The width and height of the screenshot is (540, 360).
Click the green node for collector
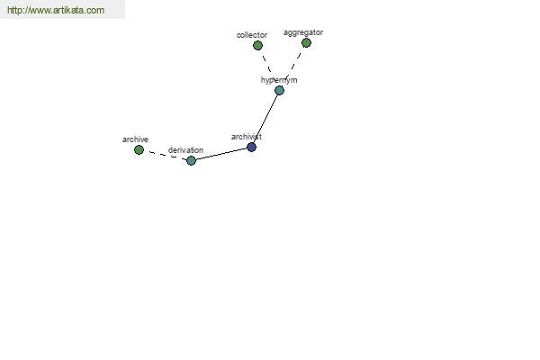pyautogui.click(x=257, y=46)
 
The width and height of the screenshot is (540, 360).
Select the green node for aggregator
pyautogui.click(x=306, y=42)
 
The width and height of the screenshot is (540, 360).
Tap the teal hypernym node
pyautogui.click(x=279, y=91)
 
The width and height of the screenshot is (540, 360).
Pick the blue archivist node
pyautogui.click(x=251, y=148)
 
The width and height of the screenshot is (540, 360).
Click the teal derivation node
pyautogui.click(x=191, y=160)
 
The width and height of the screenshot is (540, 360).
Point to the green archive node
pyautogui.click(x=139, y=150)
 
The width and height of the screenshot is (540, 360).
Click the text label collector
pyautogui.click(x=252, y=35)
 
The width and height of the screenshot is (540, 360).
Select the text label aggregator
pyautogui.click(x=303, y=32)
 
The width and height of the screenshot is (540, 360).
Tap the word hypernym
pyautogui.click(x=279, y=80)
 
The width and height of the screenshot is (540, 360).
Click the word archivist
pyautogui.click(x=247, y=137)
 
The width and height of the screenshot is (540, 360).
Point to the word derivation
pyautogui.click(x=185, y=150)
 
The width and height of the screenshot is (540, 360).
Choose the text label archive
pyautogui.click(x=135, y=139)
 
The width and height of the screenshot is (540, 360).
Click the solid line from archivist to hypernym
pyautogui.click(x=265, y=119)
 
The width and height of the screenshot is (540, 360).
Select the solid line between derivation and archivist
pyautogui.click(x=221, y=154)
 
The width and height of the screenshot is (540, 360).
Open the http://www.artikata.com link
pyautogui.click(x=56, y=10)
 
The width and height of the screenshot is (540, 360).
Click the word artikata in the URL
pyautogui.click(x=69, y=10)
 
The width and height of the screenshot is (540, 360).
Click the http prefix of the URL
pyautogui.click(x=13, y=10)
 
